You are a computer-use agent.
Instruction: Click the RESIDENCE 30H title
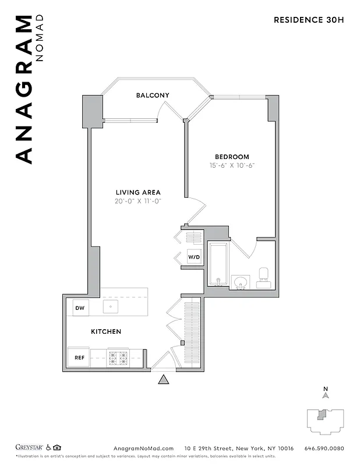[x=309, y=20]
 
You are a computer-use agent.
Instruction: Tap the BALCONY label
[x=153, y=96]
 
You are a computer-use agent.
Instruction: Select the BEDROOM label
[x=232, y=157]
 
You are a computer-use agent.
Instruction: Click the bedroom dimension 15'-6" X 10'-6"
[x=232, y=165]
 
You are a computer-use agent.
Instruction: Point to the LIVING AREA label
[x=138, y=192]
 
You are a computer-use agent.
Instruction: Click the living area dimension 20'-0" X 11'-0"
[x=138, y=201]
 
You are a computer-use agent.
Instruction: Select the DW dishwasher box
[x=80, y=307]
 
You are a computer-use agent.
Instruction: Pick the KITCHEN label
[x=106, y=331]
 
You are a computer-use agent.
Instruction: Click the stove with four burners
[x=118, y=358]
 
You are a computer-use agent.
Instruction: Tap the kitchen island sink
[x=111, y=306]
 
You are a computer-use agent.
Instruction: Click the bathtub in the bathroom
[x=218, y=265]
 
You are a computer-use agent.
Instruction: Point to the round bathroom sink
[x=240, y=283]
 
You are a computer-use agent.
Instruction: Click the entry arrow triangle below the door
[x=164, y=380]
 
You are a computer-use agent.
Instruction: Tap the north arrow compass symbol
[x=326, y=394]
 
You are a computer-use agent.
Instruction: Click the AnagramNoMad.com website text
[x=143, y=448]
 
